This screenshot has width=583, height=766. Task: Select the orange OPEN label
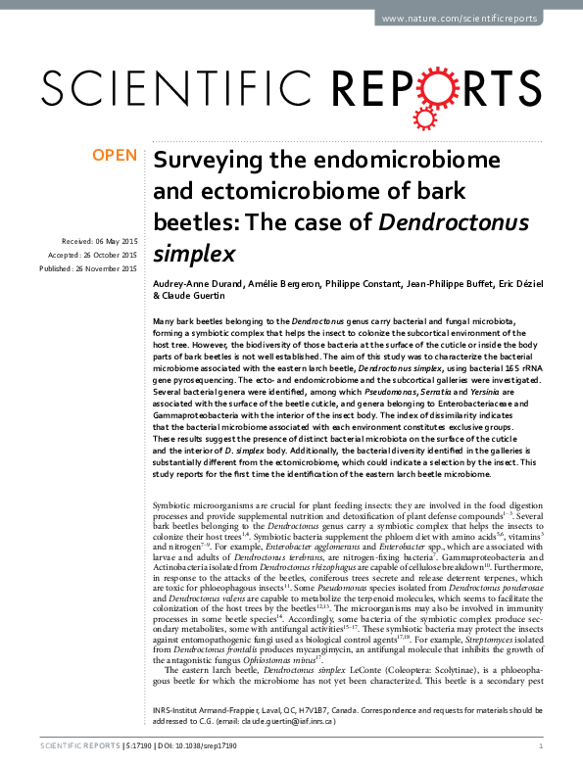[x=113, y=156]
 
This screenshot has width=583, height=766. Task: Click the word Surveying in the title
[x=203, y=161]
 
